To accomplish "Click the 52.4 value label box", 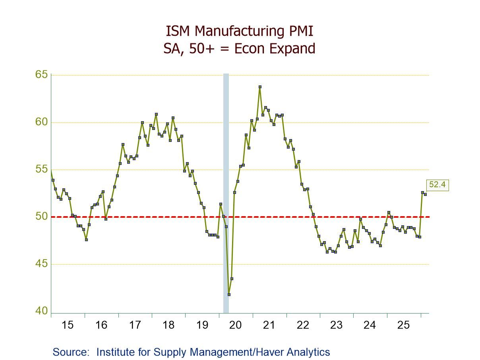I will coord(438,185).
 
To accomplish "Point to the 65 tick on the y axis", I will coord(42,75).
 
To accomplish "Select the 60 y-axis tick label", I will coord(42,122).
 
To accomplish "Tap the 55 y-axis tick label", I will coord(42,169).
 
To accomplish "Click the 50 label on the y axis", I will coord(42,217).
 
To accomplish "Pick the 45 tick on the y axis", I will coord(42,264).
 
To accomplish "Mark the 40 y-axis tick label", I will coord(42,311).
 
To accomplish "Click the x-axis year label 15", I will coord(68,325).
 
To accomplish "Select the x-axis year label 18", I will coord(168,325).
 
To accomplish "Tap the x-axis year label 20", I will coord(236,325).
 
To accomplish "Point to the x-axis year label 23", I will coord(336,325).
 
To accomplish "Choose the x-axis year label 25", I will coord(403,325).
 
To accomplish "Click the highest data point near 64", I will coord(260,87).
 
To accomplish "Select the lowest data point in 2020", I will coord(229,294).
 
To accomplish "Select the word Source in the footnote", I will coord(71,352).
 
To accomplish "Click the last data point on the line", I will coord(425,194).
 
